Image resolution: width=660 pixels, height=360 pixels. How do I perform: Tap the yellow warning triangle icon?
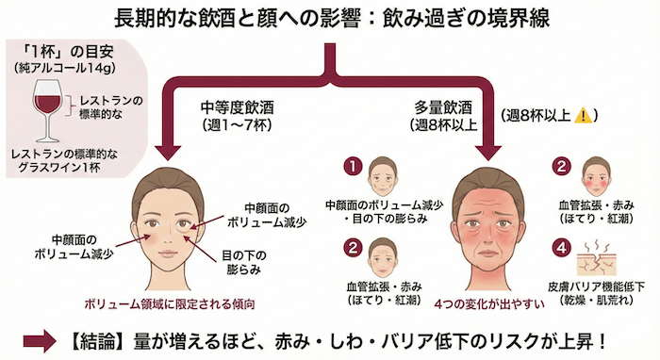(585, 115)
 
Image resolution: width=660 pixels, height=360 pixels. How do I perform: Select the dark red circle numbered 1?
(352, 166)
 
